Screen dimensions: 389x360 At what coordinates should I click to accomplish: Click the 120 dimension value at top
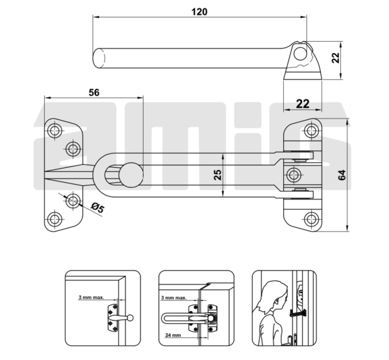pyautogui.click(x=200, y=11)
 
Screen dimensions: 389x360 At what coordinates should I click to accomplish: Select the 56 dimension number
pyautogui.click(x=94, y=93)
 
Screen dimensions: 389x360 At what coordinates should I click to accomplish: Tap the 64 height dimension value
pyautogui.click(x=342, y=175)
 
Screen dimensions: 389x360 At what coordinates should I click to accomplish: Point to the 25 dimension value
pyautogui.click(x=217, y=175)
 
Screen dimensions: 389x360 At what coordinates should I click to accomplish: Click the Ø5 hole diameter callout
pyautogui.click(x=97, y=207)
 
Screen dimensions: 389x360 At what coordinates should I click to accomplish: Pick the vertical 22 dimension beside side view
pyautogui.click(x=335, y=58)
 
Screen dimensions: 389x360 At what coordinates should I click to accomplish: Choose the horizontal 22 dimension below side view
pyautogui.click(x=303, y=104)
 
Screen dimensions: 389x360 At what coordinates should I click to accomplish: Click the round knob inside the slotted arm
pyautogui.click(x=131, y=175)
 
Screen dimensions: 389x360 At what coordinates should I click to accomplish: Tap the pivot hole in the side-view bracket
pyautogui.click(x=300, y=54)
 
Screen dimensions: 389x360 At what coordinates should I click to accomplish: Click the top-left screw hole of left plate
pyautogui.click(x=54, y=130)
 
